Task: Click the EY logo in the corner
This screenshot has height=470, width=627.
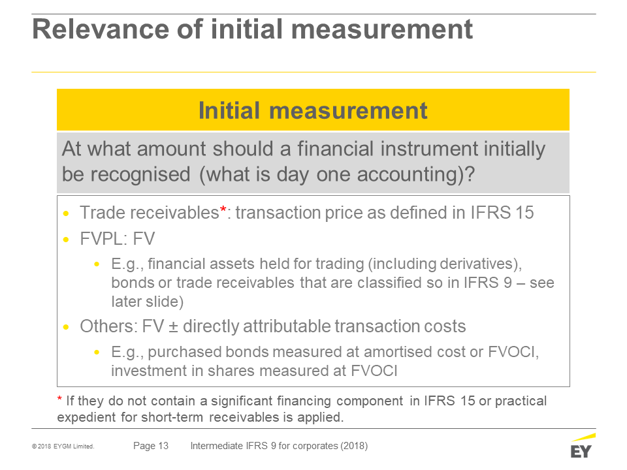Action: tap(583, 446)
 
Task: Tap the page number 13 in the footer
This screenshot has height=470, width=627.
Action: tap(163, 446)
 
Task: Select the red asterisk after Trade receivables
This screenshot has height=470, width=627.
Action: tap(223, 210)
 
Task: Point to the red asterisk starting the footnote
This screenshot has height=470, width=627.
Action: tap(59, 398)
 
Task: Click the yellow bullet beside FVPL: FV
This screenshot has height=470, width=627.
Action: tap(66, 240)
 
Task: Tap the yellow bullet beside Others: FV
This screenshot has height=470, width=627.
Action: tap(66, 327)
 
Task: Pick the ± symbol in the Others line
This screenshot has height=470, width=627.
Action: tap(173, 327)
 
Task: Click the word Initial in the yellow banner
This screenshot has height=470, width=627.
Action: tap(229, 110)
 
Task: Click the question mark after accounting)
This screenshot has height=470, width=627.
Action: tap(470, 174)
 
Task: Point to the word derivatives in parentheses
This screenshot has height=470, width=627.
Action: tap(476, 264)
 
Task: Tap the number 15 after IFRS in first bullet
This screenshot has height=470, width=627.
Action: tap(524, 213)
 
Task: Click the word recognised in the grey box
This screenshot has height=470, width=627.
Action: tap(140, 175)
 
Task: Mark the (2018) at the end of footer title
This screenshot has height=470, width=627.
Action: tap(354, 446)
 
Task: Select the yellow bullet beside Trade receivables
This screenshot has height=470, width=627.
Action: tap(66, 213)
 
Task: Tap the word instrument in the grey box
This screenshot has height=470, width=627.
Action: tap(428, 149)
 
